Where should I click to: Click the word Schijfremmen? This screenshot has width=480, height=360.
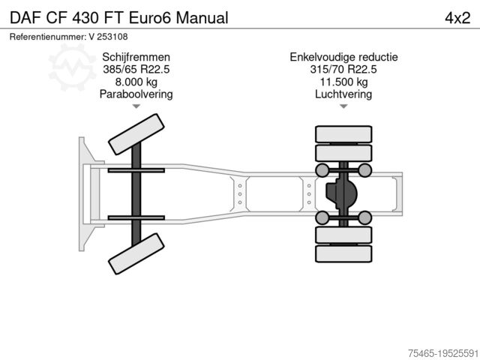(136, 57)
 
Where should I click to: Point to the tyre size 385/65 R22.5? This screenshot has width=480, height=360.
(136, 69)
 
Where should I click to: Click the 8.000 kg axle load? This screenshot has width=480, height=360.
(136, 82)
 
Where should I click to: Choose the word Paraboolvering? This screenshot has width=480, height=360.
(136, 94)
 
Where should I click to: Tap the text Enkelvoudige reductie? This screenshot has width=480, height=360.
(344, 57)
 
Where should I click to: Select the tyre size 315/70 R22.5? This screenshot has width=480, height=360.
(344, 69)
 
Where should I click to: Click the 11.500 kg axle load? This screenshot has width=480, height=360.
(344, 82)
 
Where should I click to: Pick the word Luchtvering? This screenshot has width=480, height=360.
(344, 94)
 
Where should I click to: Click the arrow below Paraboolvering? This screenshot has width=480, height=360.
(136, 107)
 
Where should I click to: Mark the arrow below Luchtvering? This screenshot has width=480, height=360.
(344, 107)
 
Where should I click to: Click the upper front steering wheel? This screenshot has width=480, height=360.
(136, 135)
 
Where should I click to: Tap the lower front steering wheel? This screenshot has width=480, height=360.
(136, 253)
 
